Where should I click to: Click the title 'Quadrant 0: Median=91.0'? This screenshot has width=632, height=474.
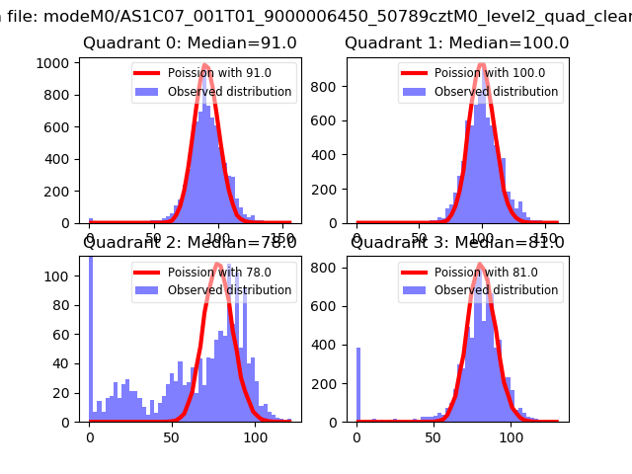click(x=188, y=43)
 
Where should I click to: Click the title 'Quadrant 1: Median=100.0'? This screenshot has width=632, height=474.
click(x=456, y=43)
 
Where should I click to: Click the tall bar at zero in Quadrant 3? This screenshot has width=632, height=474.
click(x=357, y=385)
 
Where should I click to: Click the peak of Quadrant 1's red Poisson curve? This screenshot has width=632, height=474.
click(x=482, y=66)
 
